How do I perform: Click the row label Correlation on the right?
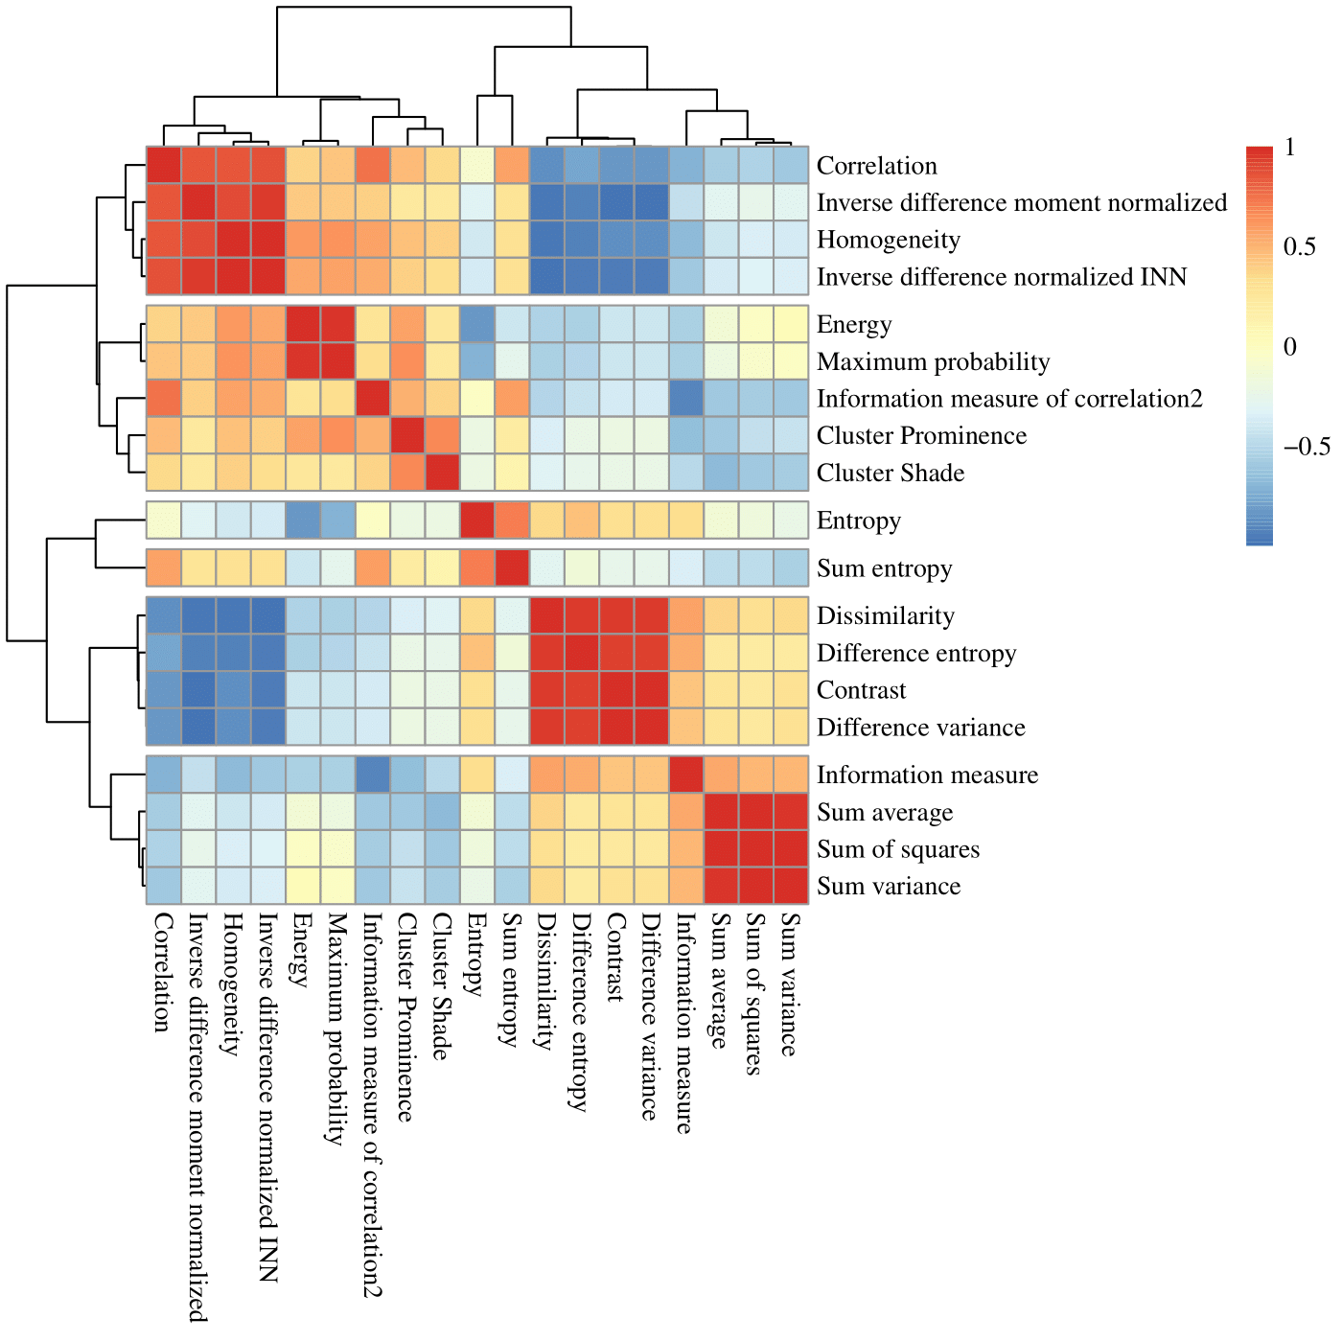(x=876, y=166)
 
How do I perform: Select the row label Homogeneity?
(x=888, y=240)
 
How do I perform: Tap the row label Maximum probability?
(x=933, y=362)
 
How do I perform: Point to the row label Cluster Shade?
(x=890, y=474)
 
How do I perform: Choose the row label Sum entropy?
(x=884, y=569)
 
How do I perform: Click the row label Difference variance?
(x=920, y=728)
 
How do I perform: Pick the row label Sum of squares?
(x=897, y=849)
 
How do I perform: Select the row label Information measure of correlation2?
(x=1008, y=399)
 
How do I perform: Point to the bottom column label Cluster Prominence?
(x=406, y=1016)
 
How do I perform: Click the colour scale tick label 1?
(x=1290, y=148)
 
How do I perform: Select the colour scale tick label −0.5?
(x=1307, y=447)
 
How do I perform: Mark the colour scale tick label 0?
(x=1290, y=347)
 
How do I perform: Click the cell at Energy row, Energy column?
(x=303, y=324)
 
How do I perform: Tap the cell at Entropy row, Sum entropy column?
(x=512, y=521)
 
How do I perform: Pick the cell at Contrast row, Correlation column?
(x=163, y=690)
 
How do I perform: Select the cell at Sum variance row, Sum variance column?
(x=790, y=886)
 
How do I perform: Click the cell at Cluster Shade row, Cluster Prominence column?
(x=406, y=473)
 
